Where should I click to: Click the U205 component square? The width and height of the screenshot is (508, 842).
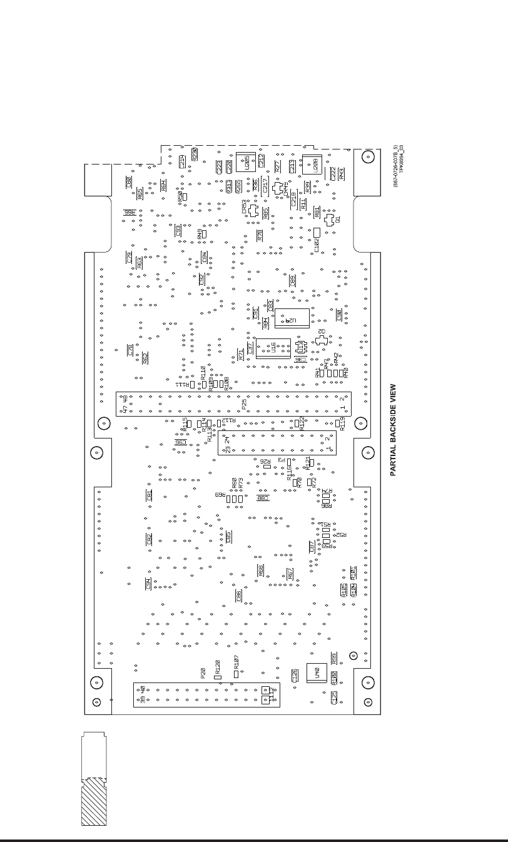pyautogui.click(x=245, y=162)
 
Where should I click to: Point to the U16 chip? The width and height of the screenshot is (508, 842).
pyautogui.click(x=273, y=348)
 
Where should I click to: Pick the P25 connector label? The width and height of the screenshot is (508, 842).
pyautogui.click(x=244, y=404)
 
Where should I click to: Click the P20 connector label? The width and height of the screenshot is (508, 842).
pyautogui.click(x=203, y=674)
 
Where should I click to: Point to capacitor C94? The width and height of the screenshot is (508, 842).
pyautogui.click(x=148, y=583)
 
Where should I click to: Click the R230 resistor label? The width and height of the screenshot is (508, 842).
pyautogui.click(x=195, y=154)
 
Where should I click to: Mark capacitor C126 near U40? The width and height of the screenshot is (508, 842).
pyautogui.click(x=294, y=676)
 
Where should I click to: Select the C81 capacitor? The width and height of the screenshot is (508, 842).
pyautogui.click(x=149, y=495)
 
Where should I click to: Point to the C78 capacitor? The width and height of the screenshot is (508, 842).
pyautogui.click(x=130, y=350)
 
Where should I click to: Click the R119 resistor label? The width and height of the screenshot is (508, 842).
pyautogui.click(x=342, y=424)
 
